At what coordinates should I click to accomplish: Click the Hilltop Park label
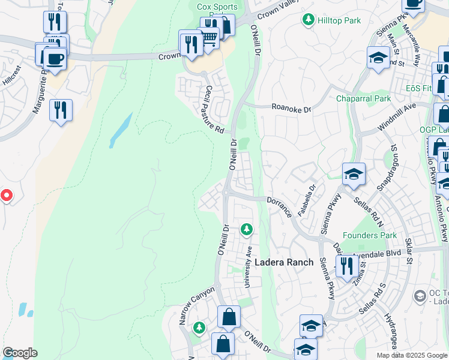339,20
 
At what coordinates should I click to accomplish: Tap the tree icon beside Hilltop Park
309,20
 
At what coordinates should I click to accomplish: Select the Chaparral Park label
363,98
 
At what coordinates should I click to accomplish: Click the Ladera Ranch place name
284,262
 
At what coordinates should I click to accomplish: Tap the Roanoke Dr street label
291,109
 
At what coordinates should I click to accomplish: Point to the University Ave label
247,266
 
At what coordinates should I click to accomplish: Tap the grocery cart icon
209,38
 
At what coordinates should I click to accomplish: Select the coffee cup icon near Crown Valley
55,59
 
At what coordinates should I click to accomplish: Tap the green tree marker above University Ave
246,229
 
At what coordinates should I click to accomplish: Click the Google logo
20,353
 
